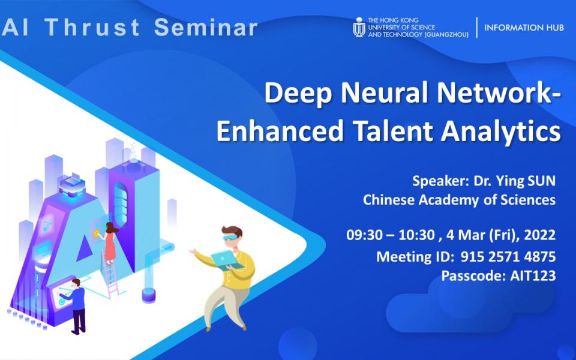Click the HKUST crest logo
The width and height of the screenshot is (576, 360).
coord(359,27)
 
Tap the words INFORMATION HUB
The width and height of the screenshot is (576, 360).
coord(524,28)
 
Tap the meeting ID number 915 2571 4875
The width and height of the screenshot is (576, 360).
coord(508,257)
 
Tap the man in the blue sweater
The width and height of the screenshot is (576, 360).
coord(76,303)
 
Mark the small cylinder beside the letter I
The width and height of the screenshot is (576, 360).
coord(149,294)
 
